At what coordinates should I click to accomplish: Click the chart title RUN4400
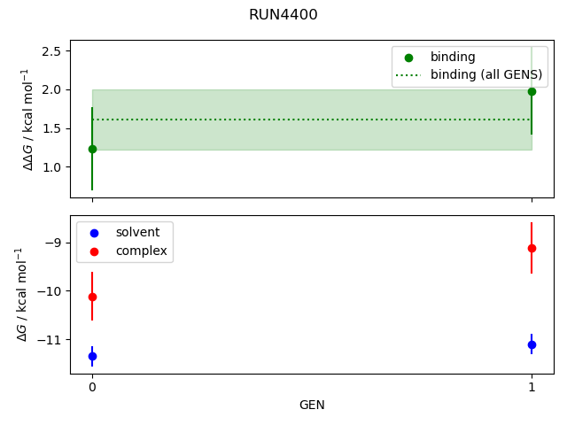point(283,15)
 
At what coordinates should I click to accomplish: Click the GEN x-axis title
point(312,406)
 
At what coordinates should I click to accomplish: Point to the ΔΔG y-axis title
point(27,119)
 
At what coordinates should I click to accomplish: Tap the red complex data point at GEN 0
point(92,297)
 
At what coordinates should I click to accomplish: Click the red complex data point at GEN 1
point(532,248)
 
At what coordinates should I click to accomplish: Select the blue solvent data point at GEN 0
point(92,356)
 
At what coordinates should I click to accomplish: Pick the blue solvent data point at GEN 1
point(532,344)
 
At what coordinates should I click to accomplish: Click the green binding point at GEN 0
point(92,149)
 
